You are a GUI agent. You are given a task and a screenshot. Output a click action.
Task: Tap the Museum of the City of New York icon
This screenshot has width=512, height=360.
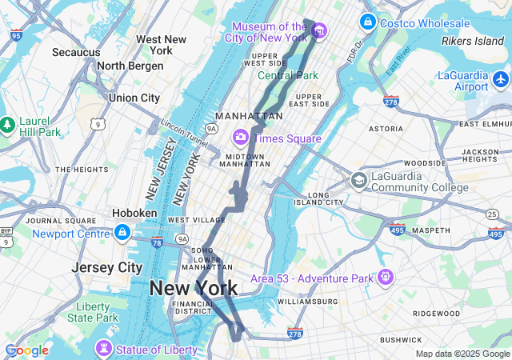click(319, 31)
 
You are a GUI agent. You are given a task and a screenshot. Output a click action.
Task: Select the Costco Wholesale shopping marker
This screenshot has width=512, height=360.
click(368, 22)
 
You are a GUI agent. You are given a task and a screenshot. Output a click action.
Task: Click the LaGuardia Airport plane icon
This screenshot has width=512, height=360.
click(501, 79)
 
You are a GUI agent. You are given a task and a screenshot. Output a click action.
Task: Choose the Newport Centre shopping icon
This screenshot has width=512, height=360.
click(122, 233)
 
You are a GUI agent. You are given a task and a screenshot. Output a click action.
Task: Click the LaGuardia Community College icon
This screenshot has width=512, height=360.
click(358, 181)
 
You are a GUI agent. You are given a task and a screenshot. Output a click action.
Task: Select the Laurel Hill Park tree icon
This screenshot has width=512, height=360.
click(7, 125)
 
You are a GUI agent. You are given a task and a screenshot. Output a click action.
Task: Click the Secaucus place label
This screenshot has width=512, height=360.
click(76, 52)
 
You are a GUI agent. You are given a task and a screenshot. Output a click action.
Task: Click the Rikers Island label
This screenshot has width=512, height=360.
click(473, 41)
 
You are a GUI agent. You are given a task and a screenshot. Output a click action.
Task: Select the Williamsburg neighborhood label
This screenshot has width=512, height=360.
click(308, 302)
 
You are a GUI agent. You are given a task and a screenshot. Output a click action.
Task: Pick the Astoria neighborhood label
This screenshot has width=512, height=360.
click(386, 128)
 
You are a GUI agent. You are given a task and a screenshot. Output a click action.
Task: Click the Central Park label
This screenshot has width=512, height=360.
click(287, 76)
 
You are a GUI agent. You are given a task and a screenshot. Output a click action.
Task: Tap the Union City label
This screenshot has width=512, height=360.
click(134, 98)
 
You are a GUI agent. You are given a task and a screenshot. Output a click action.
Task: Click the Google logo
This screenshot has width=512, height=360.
click(26, 350)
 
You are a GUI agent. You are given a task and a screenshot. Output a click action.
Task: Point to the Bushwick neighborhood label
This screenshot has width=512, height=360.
click(401, 340)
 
